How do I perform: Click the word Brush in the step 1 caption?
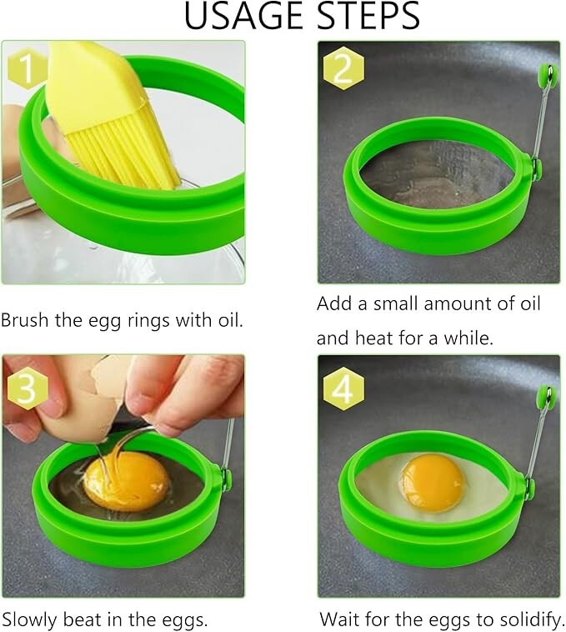point(26,320)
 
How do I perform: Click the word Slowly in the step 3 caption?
point(30,619)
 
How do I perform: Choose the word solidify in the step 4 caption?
point(528,619)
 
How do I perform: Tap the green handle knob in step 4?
point(546,392)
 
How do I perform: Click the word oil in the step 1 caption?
point(228,320)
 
